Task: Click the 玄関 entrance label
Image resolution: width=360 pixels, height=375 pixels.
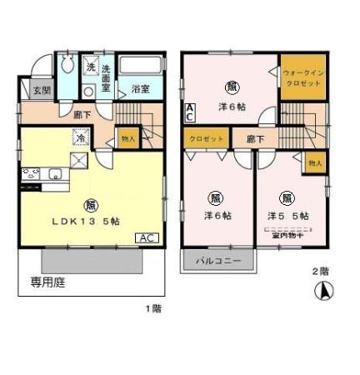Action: click(x=39, y=91)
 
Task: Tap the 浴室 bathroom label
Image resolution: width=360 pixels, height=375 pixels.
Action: click(x=138, y=87)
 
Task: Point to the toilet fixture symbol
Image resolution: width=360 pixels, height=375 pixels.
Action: click(x=68, y=67)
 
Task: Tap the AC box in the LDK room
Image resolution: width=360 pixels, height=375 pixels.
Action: click(x=147, y=237)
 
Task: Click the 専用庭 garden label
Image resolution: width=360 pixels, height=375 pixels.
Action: click(x=49, y=282)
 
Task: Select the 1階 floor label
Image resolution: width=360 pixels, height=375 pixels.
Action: click(x=152, y=308)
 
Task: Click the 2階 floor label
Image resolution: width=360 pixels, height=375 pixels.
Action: click(x=320, y=271)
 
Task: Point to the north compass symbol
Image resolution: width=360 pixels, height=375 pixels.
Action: click(x=320, y=292)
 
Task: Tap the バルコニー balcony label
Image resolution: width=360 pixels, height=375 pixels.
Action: click(x=218, y=261)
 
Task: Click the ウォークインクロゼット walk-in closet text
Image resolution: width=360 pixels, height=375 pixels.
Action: click(x=302, y=78)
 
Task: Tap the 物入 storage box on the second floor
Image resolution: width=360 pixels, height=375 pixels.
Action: click(x=314, y=163)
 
